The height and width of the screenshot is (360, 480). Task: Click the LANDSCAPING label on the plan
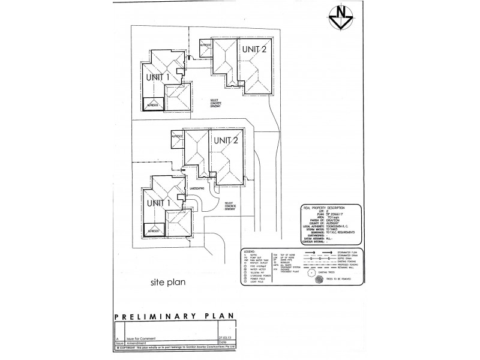coord(199,187)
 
